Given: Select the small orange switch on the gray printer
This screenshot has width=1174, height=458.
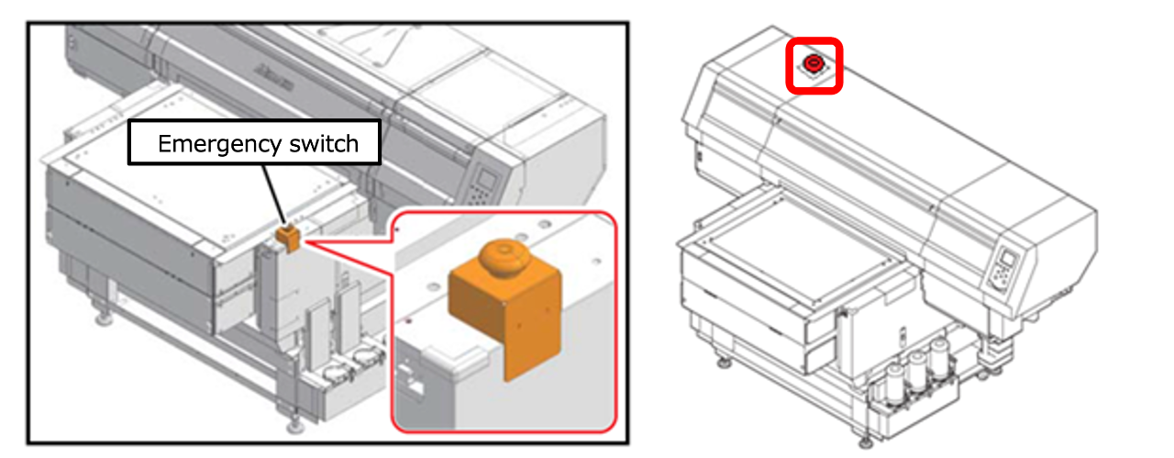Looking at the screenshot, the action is pyautogui.click(x=288, y=237).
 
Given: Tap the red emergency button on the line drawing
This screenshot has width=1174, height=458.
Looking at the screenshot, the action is pyautogui.click(x=814, y=63).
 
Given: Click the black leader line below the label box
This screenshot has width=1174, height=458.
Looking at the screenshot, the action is pyautogui.click(x=274, y=194).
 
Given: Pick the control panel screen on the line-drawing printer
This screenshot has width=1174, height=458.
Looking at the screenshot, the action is pyautogui.click(x=1007, y=258).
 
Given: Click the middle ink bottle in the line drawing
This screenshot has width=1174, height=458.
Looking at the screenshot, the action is pyautogui.click(x=916, y=371).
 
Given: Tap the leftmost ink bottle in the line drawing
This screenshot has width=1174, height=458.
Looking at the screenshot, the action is pyautogui.click(x=894, y=385).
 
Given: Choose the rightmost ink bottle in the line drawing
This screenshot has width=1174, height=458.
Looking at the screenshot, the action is pyautogui.click(x=938, y=358).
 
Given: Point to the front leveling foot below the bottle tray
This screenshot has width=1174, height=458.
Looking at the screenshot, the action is pyautogui.click(x=865, y=441).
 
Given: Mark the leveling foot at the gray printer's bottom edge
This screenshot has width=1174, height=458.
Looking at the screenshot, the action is pyautogui.click(x=294, y=424).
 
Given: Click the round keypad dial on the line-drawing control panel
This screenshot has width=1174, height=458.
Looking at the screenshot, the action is pyautogui.click(x=1000, y=276).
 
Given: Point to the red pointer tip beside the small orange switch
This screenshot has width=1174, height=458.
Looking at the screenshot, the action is pyautogui.click(x=305, y=242).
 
